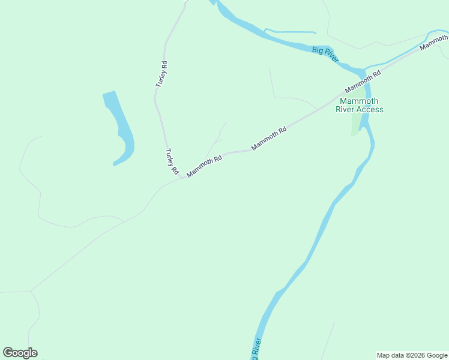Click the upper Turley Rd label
(x=161, y=74)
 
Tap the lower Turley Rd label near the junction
(x=172, y=162)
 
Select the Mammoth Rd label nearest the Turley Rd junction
(x=205, y=166)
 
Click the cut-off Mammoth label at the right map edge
(x=434, y=43)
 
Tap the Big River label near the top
(x=326, y=55)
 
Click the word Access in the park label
(x=370, y=109)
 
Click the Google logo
(x=20, y=353)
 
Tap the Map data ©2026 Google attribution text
(x=411, y=355)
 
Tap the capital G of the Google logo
(x=8, y=353)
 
